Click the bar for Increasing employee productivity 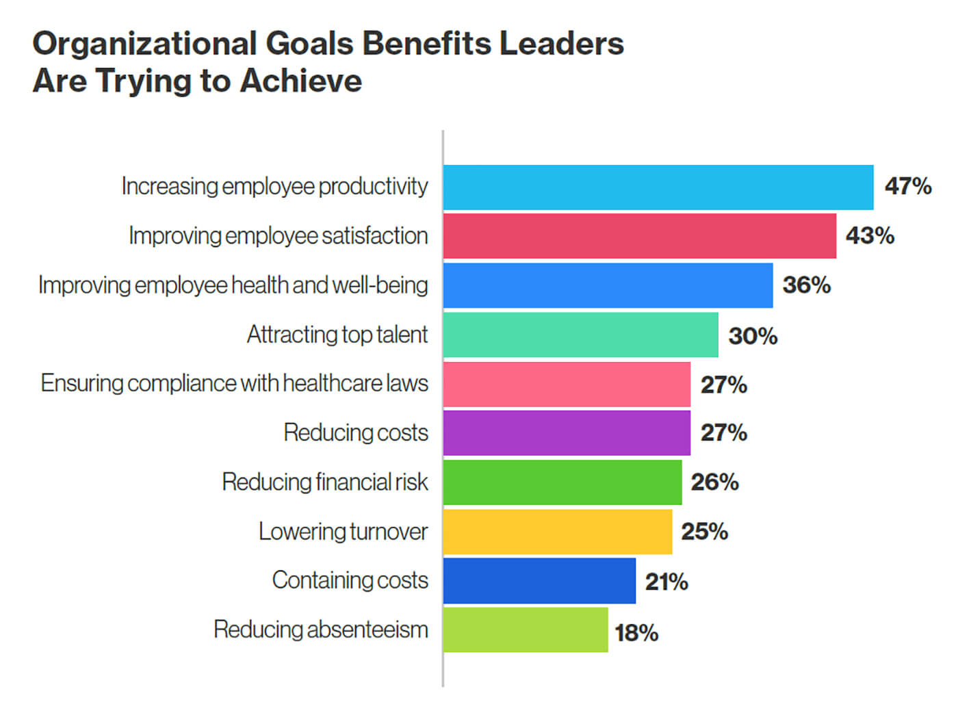click(x=658, y=187)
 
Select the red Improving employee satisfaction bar click(x=639, y=236)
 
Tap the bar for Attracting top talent click(x=580, y=335)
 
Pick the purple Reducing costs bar click(x=567, y=432)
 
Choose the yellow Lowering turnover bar click(x=557, y=532)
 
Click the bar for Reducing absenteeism click(x=525, y=630)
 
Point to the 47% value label click(x=908, y=186)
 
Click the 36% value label click(x=807, y=285)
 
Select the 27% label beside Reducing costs click(x=723, y=433)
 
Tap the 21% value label click(x=666, y=582)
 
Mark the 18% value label click(x=636, y=633)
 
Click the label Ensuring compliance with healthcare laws click(x=235, y=383)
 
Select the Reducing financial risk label click(x=325, y=482)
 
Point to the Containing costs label click(x=350, y=580)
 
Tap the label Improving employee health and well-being click(x=233, y=285)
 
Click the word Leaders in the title click(x=561, y=44)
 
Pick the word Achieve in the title click(x=301, y=81)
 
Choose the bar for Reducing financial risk click(x=562, y=482)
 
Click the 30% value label click(x=753, y=336)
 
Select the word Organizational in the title click(x=144, y=44)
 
